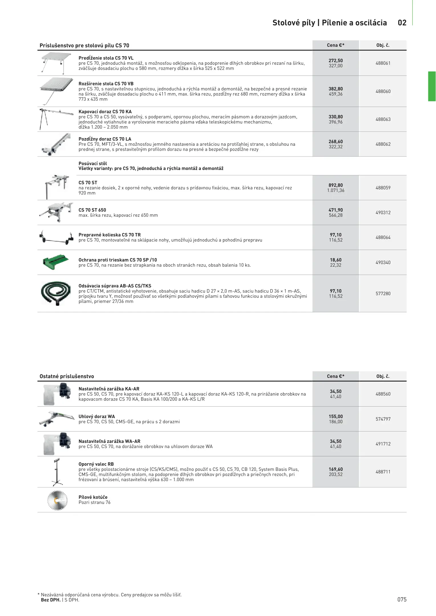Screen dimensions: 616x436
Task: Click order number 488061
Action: tap(383, 63)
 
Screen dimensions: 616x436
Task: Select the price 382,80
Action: tap(336, 89)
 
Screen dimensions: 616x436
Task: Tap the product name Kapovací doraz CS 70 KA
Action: tap(105, 112)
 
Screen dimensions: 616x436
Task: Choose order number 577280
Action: tap(383, 293)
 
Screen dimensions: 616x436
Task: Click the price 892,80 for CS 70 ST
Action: tap(336, 185)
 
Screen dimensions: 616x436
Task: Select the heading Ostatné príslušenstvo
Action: tap(67, 376)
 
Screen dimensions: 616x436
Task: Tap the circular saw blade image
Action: tap(57, 501)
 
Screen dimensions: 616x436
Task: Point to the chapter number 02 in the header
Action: tap(402, 23)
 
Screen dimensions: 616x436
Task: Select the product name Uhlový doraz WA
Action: tap(97, 416)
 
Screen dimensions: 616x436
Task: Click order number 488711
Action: tap(383, 472)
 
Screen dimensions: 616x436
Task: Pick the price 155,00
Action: tap(336, 416)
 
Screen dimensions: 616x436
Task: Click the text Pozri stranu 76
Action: tap(94, 502)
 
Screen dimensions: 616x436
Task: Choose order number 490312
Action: tap(383, 212)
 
